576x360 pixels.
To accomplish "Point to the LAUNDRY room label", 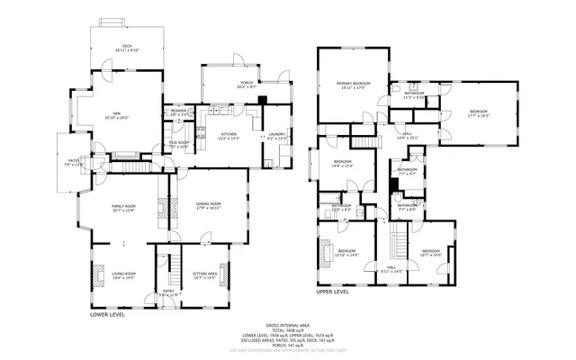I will click(276, 135).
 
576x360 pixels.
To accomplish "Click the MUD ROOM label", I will click(178, 143).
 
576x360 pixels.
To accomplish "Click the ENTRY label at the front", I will click(167, 291).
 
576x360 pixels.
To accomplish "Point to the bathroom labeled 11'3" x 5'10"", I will click(414, 94).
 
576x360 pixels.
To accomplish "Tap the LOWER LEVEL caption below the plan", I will click(107, 315).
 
